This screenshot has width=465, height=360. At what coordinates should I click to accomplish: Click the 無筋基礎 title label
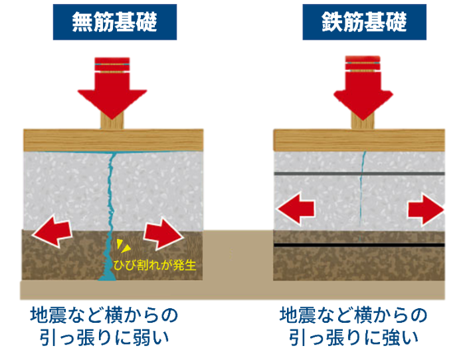coord(114,23)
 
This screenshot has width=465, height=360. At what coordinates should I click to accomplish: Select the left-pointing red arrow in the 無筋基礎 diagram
coord(52,230)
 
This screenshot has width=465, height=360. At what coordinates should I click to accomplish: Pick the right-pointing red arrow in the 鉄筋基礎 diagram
coord(426,211)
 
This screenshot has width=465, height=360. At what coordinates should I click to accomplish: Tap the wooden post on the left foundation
coord(112,120)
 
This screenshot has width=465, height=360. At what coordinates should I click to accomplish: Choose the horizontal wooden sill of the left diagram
coord(66,140)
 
